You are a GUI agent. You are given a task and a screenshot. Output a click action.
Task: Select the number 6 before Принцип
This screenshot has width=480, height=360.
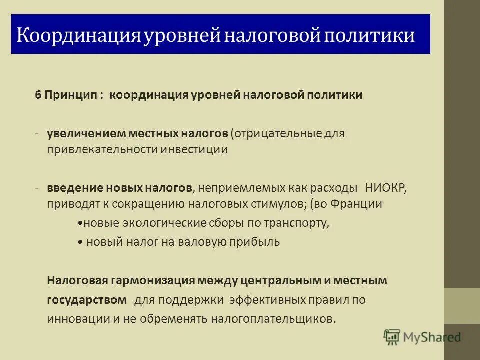37,95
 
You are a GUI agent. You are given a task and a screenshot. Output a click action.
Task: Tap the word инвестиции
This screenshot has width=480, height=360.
194,149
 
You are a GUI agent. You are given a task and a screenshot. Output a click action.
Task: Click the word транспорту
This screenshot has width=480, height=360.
300,223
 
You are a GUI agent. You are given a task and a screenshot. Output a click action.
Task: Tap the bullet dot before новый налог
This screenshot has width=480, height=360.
81,242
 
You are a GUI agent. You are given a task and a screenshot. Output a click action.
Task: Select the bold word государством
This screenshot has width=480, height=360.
87,300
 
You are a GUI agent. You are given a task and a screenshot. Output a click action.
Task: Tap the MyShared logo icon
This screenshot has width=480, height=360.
392,337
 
